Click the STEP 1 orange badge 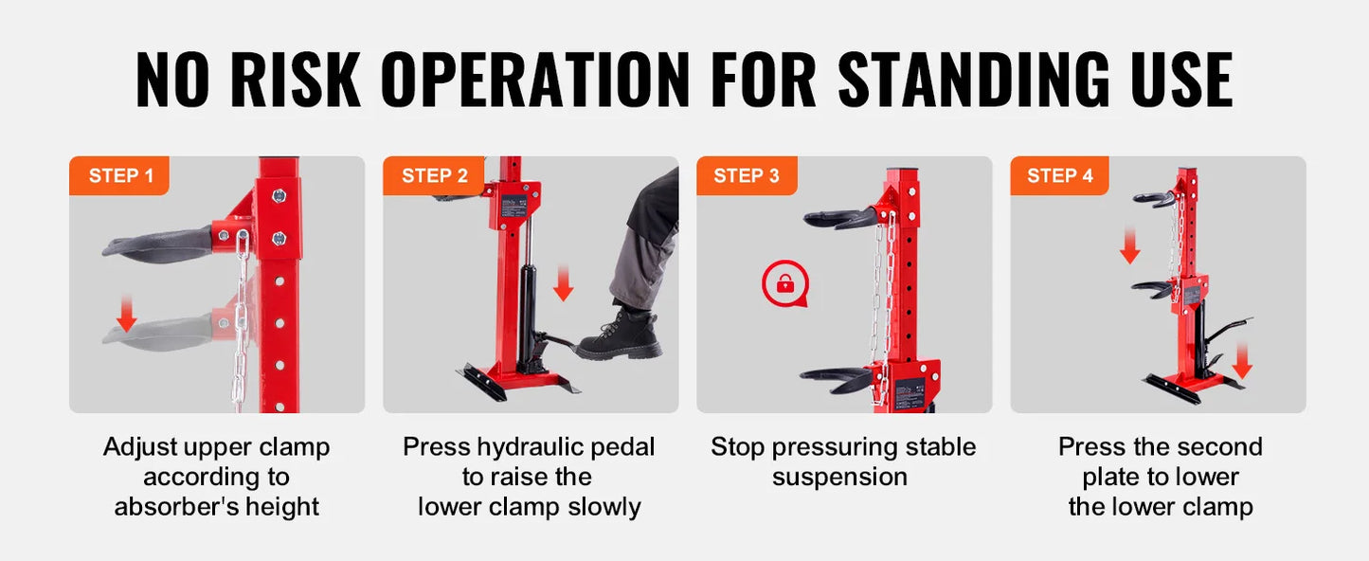(119, 175)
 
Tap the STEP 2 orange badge (433, 175)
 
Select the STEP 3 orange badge (747, 175)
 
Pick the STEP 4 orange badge (1059, 175)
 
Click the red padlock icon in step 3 (784, 283)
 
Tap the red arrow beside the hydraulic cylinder (563, 283)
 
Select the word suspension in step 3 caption (839, 477)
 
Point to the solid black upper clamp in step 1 (156, 244)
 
